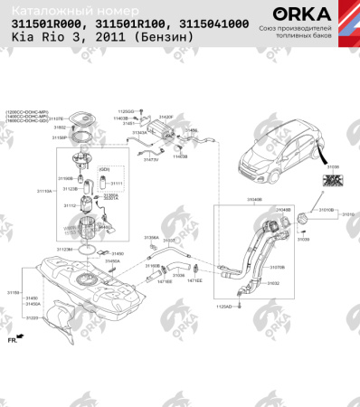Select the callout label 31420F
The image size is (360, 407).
(x=166, y=118)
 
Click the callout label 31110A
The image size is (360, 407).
(x=44, y=192)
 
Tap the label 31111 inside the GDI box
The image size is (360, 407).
(x=116, y=184)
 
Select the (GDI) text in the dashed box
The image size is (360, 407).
(x=104, y=169)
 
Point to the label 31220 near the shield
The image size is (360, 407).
(x=32, y=318)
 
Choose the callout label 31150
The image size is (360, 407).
(x=13, y=292)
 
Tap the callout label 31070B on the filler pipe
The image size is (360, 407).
(x=277, y=267)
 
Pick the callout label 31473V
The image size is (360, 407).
(x=149, y=159)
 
